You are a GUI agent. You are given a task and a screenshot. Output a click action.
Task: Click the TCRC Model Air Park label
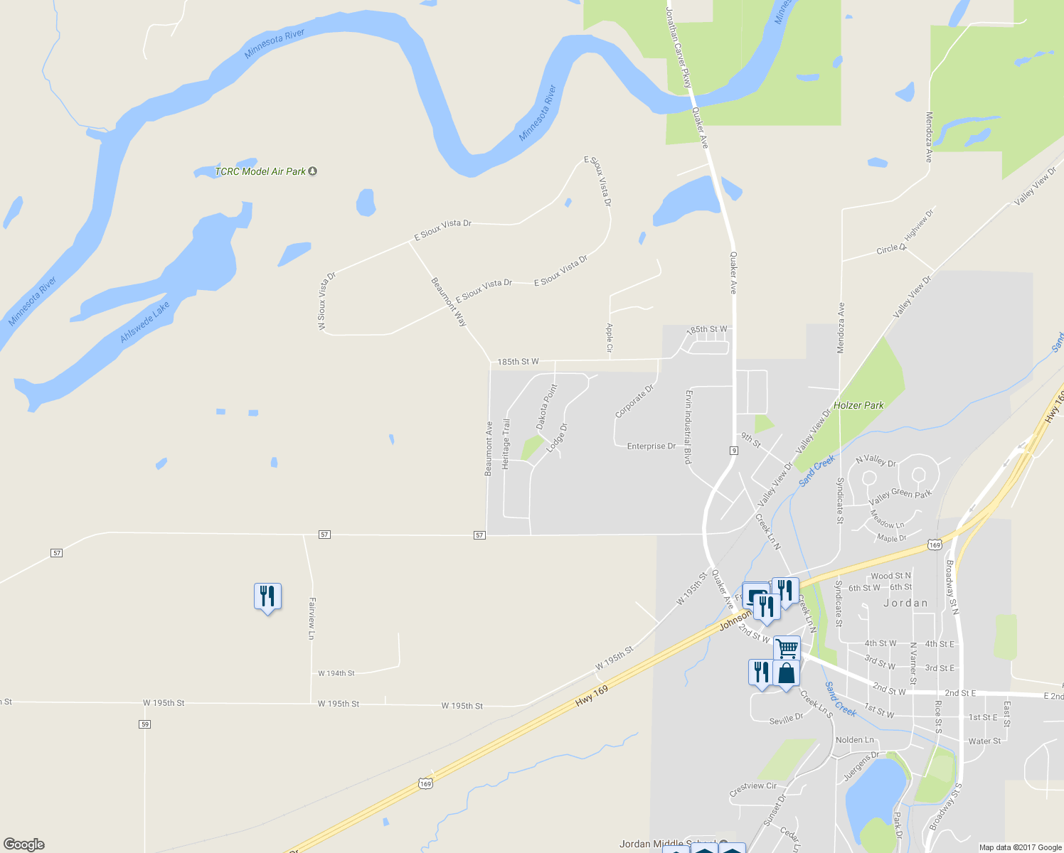(x=260, y=171)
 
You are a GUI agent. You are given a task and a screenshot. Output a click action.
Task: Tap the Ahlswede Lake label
(x=145, y=322)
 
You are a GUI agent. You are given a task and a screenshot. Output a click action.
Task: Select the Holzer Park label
(x=858, y=405)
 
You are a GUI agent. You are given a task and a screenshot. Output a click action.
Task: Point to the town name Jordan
(x=905, y=603)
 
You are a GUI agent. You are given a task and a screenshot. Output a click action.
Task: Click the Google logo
(x=23, y=844)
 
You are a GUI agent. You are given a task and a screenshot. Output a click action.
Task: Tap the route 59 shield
(x=145, y=724)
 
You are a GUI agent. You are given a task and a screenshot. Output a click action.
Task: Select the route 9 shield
(x=733, y=451)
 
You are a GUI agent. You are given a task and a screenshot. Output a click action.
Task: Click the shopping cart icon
(x=787, y=648)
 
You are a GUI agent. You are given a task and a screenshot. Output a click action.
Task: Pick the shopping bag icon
(x=786, y=673)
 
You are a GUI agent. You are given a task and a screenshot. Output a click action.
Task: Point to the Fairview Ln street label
(x=312, y=618)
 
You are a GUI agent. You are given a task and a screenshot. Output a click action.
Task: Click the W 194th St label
(x=336, y=673)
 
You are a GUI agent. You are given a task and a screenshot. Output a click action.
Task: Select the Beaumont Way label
(x=449, y=302)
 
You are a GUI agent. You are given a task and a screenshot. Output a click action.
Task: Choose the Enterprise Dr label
(x=651, y=446)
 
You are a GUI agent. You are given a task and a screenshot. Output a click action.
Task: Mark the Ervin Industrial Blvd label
(x=688, y=426)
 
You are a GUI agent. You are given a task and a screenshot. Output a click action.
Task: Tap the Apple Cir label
(x=609, y=338)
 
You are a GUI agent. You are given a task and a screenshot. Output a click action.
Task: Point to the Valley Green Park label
(x=900, y=493)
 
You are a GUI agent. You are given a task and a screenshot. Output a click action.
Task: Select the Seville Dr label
(x=786, y=719)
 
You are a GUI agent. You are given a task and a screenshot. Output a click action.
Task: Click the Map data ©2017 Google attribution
(x=1020, y=847)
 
